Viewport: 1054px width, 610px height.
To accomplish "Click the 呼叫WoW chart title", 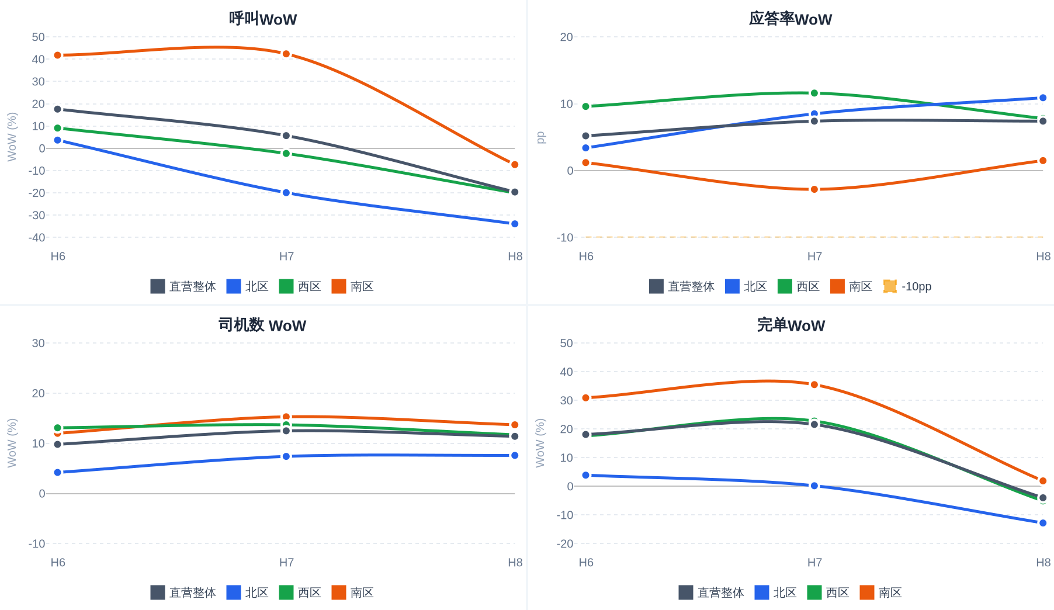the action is (263, 19).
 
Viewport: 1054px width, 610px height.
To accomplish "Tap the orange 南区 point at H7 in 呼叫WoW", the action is (286, 54).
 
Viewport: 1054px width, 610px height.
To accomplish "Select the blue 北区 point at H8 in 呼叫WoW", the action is (515, 224).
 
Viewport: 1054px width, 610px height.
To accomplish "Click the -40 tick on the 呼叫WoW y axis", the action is (37, 238).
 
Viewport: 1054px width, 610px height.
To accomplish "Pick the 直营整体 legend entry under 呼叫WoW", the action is (183, 286).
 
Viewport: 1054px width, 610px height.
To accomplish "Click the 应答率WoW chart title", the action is (790, 19).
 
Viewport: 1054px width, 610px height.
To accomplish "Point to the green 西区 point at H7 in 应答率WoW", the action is (814, 93).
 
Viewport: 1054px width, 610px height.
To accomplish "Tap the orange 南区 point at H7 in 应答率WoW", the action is (814, 189).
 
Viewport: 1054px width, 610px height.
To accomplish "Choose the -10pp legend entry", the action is (907, 286).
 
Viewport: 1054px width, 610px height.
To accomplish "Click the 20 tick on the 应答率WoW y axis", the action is (566, 37).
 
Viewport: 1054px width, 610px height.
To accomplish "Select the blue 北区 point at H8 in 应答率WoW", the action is (1043, 98).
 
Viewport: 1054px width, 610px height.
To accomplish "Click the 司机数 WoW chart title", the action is (262, 325).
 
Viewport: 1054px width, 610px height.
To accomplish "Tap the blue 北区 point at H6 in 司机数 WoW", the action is (58, 472).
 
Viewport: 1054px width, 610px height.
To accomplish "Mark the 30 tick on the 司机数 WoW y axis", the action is (39, 343).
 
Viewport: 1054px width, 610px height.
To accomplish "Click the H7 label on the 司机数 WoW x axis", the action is (286, 562).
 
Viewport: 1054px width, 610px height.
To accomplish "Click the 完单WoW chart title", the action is (791, 325).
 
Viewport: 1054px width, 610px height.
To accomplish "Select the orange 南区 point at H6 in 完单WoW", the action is (586, 398).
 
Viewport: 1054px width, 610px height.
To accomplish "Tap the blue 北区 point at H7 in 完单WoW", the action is (814, 486).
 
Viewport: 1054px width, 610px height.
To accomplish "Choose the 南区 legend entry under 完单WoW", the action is (881, 592).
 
